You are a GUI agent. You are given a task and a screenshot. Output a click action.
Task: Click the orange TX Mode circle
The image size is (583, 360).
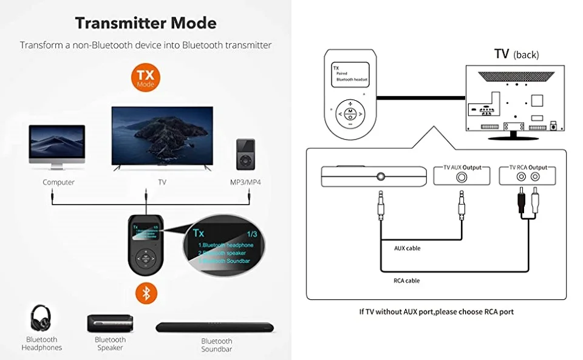pyautogui.click(x=145, y=77)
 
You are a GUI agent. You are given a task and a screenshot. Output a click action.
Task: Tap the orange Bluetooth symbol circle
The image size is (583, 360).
pyautogui.click(x=145, y=293)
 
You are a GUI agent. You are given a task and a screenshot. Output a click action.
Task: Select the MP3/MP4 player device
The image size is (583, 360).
pyautogui.click(x=245, y=154)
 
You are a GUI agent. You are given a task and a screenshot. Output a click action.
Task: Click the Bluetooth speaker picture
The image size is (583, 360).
pyautogui.click(x=110, y=324)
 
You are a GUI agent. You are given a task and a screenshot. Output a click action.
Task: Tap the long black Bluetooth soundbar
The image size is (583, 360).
pyautogui.click(x=214, y=327)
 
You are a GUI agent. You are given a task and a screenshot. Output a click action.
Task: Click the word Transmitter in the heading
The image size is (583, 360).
pyautogui.click(x=111, y=23)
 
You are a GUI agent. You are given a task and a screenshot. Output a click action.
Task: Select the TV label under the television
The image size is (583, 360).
pyautogui.click(x=162, y=182)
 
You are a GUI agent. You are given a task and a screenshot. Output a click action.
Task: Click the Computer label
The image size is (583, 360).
pyautogui.click(x=58, y=182)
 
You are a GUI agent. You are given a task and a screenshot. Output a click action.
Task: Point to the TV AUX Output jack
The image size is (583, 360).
pyautogui.click(x=463, y=177)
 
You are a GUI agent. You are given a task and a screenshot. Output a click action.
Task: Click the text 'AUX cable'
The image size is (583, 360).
pyautogui.click(x=407, y=248)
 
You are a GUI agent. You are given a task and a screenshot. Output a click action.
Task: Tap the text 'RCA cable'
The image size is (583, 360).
pyautogui.click(x=407, y=280)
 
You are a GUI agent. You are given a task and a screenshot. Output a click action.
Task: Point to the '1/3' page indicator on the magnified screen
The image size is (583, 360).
pyautogui.click(x=253, y=233)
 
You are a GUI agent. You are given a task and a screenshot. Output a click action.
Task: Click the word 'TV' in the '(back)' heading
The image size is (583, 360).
pyautogui.click(x=501, y=53)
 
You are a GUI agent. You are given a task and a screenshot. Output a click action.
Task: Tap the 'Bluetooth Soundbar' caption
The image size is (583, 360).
pyautogui.click(x=217, y=345)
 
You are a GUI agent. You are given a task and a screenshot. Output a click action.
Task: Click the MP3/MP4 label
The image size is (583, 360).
pyautogui.click(x=245, y=182)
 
